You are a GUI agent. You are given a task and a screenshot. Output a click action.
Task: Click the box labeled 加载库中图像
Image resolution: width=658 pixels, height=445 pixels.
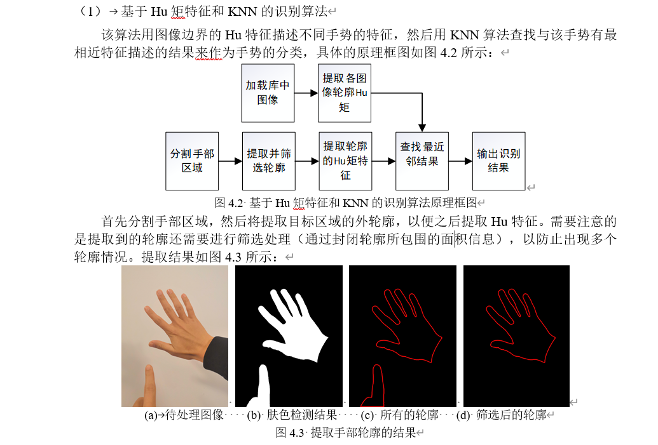click(268, 93)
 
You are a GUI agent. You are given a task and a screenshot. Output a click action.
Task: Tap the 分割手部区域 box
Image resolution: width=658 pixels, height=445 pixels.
click(192, 161)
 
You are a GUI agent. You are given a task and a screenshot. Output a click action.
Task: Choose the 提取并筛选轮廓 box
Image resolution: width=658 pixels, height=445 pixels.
click(269, 161)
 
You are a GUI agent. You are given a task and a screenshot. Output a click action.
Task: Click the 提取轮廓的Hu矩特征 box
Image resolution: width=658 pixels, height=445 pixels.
click(345, 161)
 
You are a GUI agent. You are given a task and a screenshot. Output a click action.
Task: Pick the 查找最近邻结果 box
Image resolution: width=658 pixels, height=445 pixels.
click(422, 161)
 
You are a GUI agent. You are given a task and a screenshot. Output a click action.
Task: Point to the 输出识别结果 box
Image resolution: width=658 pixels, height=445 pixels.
click(498, 161)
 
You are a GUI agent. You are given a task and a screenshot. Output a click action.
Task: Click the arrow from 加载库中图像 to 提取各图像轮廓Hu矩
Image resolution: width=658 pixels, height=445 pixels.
click(306, 93)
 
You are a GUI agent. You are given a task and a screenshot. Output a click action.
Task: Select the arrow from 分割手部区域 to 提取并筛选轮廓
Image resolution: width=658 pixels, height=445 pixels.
click(230, 161)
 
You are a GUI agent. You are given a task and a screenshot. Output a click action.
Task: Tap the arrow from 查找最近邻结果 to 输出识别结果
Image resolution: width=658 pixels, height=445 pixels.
click(460, 161)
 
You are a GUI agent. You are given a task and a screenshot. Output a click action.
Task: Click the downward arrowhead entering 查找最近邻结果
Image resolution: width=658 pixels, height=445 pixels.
click(422, 128)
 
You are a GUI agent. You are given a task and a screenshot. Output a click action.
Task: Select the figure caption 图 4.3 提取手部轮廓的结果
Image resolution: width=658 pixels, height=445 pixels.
click(345, 433)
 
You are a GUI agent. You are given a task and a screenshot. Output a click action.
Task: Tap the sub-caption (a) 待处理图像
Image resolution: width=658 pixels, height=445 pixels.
click(184, 416)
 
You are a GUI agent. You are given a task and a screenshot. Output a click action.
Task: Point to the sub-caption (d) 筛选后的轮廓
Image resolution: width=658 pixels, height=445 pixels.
click(502, 416)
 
